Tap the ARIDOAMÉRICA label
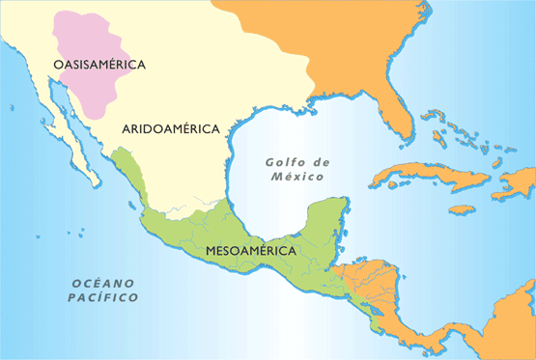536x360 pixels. (172, 127)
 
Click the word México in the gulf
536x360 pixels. (296, 179)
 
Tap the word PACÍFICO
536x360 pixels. (103, 298)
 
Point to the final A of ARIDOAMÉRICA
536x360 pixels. (217, 127)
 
